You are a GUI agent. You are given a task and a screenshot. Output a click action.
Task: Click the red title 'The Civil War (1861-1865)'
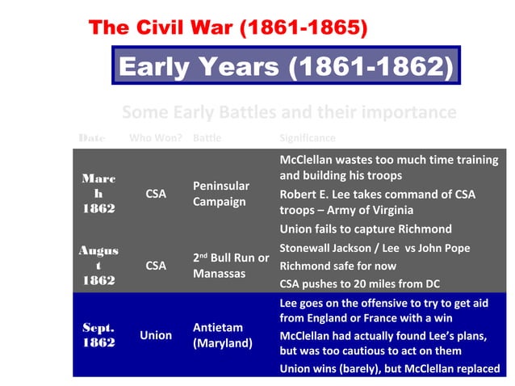[x=229, y=28]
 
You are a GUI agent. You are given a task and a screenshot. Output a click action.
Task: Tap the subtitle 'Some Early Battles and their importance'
[x=289, y=112]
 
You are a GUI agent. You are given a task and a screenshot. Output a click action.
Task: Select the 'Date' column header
[x=92, y=138]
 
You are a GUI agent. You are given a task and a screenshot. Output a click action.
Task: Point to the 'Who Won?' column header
[x=156, y=138]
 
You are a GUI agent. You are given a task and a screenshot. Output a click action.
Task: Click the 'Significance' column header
[x=307, y=138]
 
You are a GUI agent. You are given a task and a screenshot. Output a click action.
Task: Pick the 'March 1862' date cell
[x=98, y=193]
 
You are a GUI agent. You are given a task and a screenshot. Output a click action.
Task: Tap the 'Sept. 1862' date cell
[x=98, y=335]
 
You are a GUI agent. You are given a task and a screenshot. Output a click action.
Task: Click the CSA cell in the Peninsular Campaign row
[x=156, y=194]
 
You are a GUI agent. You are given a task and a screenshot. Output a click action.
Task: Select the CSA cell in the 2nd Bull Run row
[x=156, y=265]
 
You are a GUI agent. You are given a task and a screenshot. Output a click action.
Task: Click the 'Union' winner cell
[x=156, y=335]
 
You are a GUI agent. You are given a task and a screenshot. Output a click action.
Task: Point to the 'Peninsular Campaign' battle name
[x=221, y=194]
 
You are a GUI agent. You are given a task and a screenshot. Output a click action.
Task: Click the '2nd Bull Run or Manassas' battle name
[x=231, y=266]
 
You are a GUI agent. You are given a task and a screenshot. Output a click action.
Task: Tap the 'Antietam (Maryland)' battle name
[x=223, y=335]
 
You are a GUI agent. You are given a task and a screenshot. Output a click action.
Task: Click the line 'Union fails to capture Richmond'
[x=366, y=229]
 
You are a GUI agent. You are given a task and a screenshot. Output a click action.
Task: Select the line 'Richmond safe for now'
[x=338, y=266]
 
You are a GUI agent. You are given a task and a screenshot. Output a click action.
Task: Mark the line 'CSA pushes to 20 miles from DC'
[x=367, y=283]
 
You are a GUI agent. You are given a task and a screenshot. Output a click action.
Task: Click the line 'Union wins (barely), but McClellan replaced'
[x=389, y=369]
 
